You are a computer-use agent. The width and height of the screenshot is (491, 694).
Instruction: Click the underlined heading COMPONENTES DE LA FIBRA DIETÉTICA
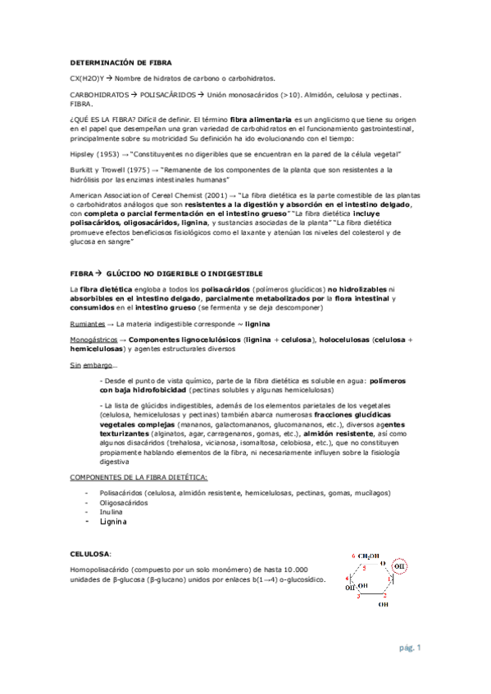click(x=139, y=475)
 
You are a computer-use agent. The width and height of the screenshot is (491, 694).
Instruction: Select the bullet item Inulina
click(x=112, y=511)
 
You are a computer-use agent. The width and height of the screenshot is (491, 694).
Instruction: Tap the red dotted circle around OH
click(x=399, y=564)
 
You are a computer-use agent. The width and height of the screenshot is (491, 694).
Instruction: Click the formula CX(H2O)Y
click(x=88, y=79)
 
